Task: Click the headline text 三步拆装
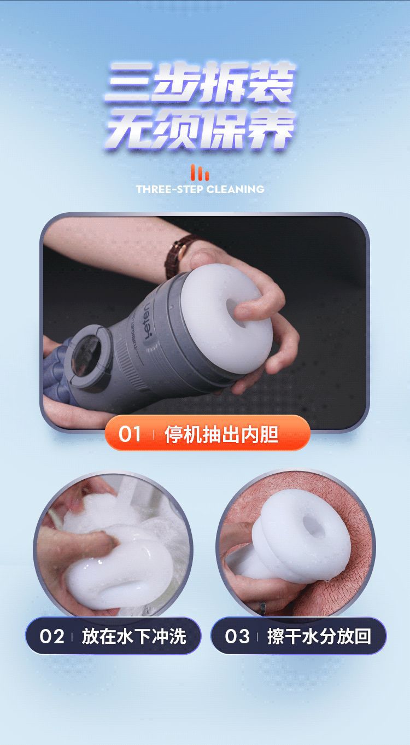201,82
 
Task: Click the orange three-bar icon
200,173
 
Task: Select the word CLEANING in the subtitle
235,190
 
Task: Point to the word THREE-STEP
169,190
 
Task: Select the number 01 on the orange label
130,434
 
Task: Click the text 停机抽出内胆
221,434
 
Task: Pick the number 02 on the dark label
52,637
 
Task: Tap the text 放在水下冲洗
134,637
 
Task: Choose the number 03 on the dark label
237,637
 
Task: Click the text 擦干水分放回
319,637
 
